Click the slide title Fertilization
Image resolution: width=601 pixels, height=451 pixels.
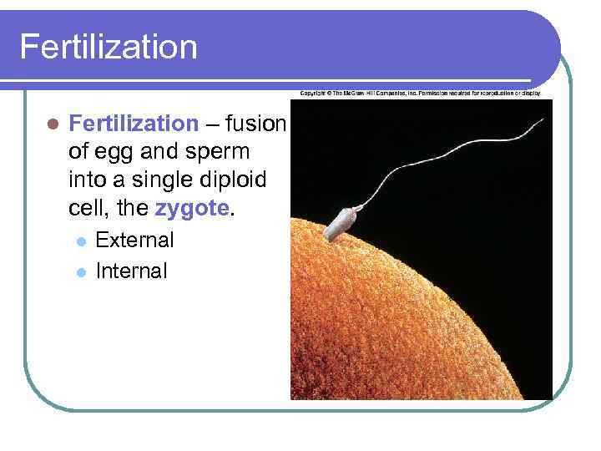(109, 47)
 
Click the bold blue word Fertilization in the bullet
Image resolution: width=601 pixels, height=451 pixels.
(134, 124)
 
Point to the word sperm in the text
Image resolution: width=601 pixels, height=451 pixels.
(217, 152)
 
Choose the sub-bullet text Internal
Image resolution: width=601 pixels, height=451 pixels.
(132, 271)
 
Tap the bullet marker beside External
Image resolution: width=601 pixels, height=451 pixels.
(80, 241)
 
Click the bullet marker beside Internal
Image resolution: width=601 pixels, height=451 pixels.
(80, 271)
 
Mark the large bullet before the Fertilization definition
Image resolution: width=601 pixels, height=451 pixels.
(53, 124)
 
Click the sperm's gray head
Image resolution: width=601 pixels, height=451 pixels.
(343, 220)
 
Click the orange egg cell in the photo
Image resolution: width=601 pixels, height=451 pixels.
(417, 317)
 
